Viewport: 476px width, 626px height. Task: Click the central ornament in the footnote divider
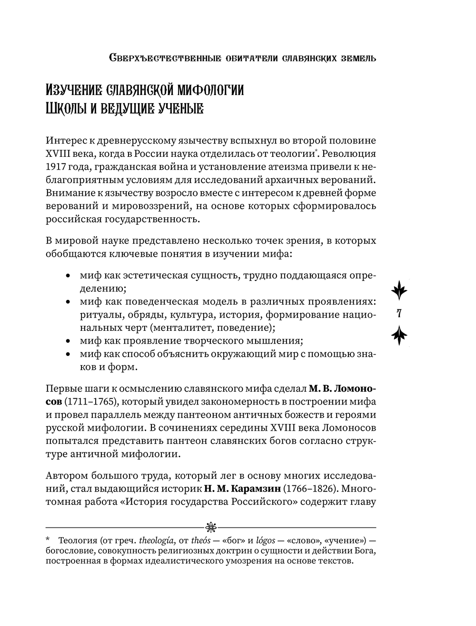211,526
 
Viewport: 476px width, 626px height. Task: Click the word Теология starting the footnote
78,541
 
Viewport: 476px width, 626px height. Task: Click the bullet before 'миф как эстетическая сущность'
69,277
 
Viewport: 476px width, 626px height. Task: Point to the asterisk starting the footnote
48,540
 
